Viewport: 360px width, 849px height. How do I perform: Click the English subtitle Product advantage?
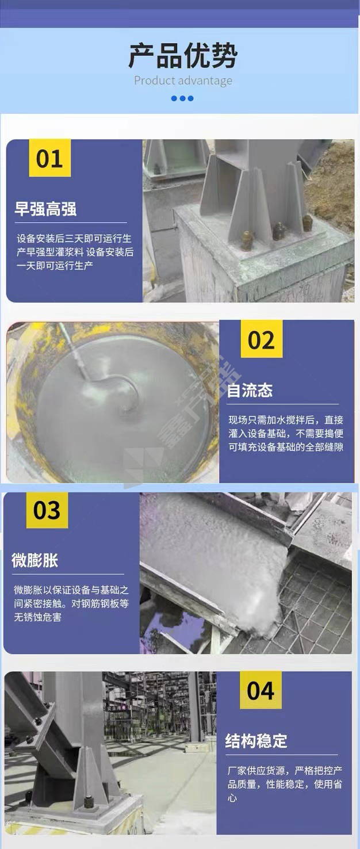pyautogui.click(x=183, y=81)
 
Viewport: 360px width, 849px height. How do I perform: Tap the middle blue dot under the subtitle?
pyautogui.click(x=182, y=98)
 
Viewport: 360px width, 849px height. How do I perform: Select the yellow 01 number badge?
pyautogui.click(x=50, y=158)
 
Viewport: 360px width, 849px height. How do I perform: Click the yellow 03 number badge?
pyautogui.click(x=47, y=510)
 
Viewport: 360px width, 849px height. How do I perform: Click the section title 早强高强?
pyautogui.click(x=45, y=209)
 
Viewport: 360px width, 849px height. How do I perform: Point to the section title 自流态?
pyautogui.click(x=250, y=390)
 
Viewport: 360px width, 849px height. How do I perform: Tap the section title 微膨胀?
pyautogui.click(x=35, y=560)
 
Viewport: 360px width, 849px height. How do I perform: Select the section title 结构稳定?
pyautogui.click(x=256, y=740)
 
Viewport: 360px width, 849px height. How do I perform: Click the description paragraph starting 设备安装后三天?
pyautogui.click(x=75, y=252)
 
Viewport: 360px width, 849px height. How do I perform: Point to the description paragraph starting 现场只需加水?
pyautogui.click(x=286, y=433)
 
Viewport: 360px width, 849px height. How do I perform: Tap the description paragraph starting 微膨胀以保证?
pyautogui.click(x=71, y=603)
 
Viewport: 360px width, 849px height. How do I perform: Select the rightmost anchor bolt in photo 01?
pyautogui.click(x=307, y=224)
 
